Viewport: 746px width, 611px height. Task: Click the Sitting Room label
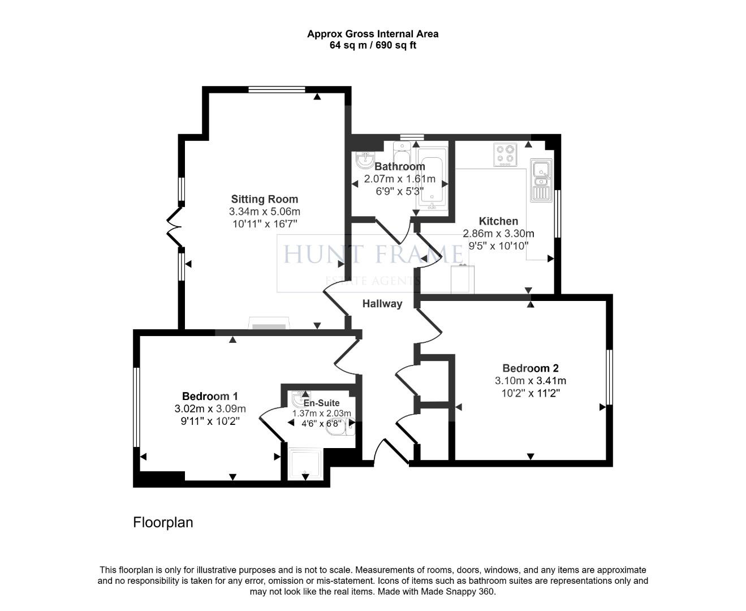(264, 199)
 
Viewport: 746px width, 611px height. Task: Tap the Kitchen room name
(498, 221)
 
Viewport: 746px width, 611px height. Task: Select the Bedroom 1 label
(210, 397)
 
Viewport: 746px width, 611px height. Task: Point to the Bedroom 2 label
(530, 368)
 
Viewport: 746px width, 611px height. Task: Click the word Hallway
(382, 304)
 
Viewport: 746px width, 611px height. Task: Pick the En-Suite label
(322, 403)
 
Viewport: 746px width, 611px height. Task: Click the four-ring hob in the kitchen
(505, 154)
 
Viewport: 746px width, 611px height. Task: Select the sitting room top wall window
(277, 89)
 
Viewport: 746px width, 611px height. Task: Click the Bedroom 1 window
(136, 407)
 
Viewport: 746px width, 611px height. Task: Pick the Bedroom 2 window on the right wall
(610, 377)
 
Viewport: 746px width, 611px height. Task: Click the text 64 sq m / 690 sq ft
(373, 45)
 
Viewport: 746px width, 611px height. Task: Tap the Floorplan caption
(163, 522)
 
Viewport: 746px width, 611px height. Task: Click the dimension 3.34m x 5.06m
(264, 212)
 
